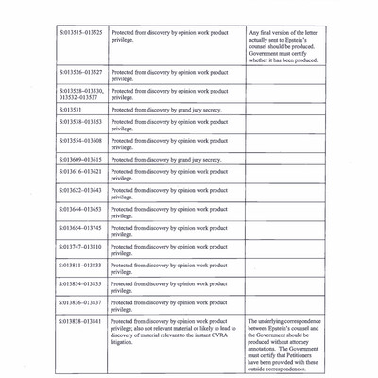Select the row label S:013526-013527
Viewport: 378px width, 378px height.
79,71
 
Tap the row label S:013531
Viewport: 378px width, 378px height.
69,110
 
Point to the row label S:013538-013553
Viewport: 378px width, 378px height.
79,122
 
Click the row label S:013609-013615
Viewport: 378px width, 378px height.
79,160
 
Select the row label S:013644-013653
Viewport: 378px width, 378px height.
79,209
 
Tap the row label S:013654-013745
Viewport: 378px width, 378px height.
79,227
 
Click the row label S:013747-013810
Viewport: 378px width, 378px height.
79,246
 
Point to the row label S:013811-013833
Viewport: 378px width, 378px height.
79,265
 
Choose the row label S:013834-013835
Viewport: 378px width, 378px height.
79,283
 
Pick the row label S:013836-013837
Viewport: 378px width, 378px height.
79,301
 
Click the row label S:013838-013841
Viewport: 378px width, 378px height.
79,320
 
